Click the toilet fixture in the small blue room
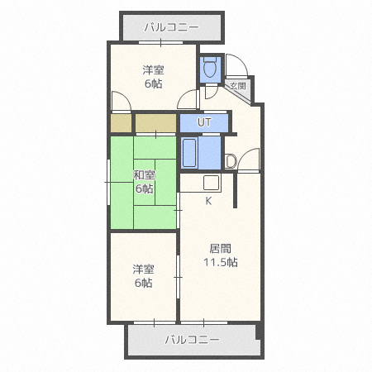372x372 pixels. coord(210,67)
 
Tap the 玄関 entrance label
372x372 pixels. coord(237,86)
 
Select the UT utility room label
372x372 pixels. coord(204,122)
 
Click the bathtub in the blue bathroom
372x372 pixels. coord(189,153)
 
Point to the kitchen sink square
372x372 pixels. coord(212,182)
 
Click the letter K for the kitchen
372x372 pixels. coord(208,201)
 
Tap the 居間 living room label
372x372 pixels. coord(220,249)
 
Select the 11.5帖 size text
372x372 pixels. coord(221,262)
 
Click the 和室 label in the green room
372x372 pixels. coord(144,175)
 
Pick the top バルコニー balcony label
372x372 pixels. coord(171,27)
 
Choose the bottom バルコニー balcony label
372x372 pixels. coord(192,340)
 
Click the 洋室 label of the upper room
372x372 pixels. coord(153,70)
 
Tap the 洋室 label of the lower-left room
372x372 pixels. coord(143,269)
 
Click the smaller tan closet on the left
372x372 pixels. coord(121,123)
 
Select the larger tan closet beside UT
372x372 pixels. coord(155,123)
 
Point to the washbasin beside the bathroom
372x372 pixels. coord(231,161)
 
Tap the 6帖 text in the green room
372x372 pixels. coord(144,188)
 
